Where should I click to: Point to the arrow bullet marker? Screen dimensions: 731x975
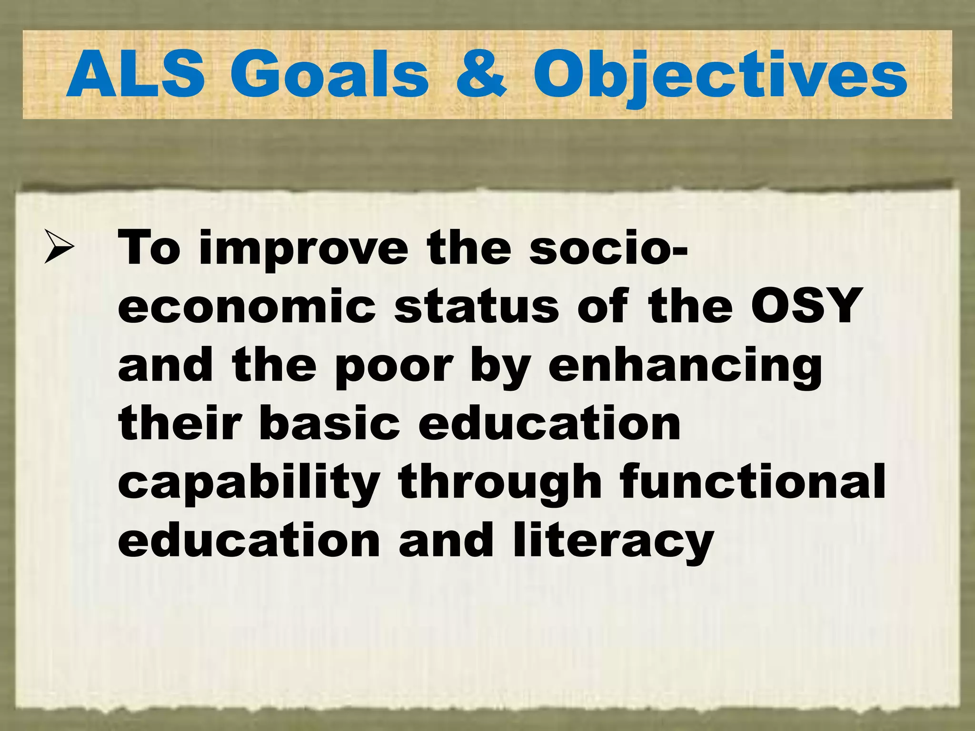[x=59, y=246]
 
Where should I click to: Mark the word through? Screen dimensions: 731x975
[x=500, y=484]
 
